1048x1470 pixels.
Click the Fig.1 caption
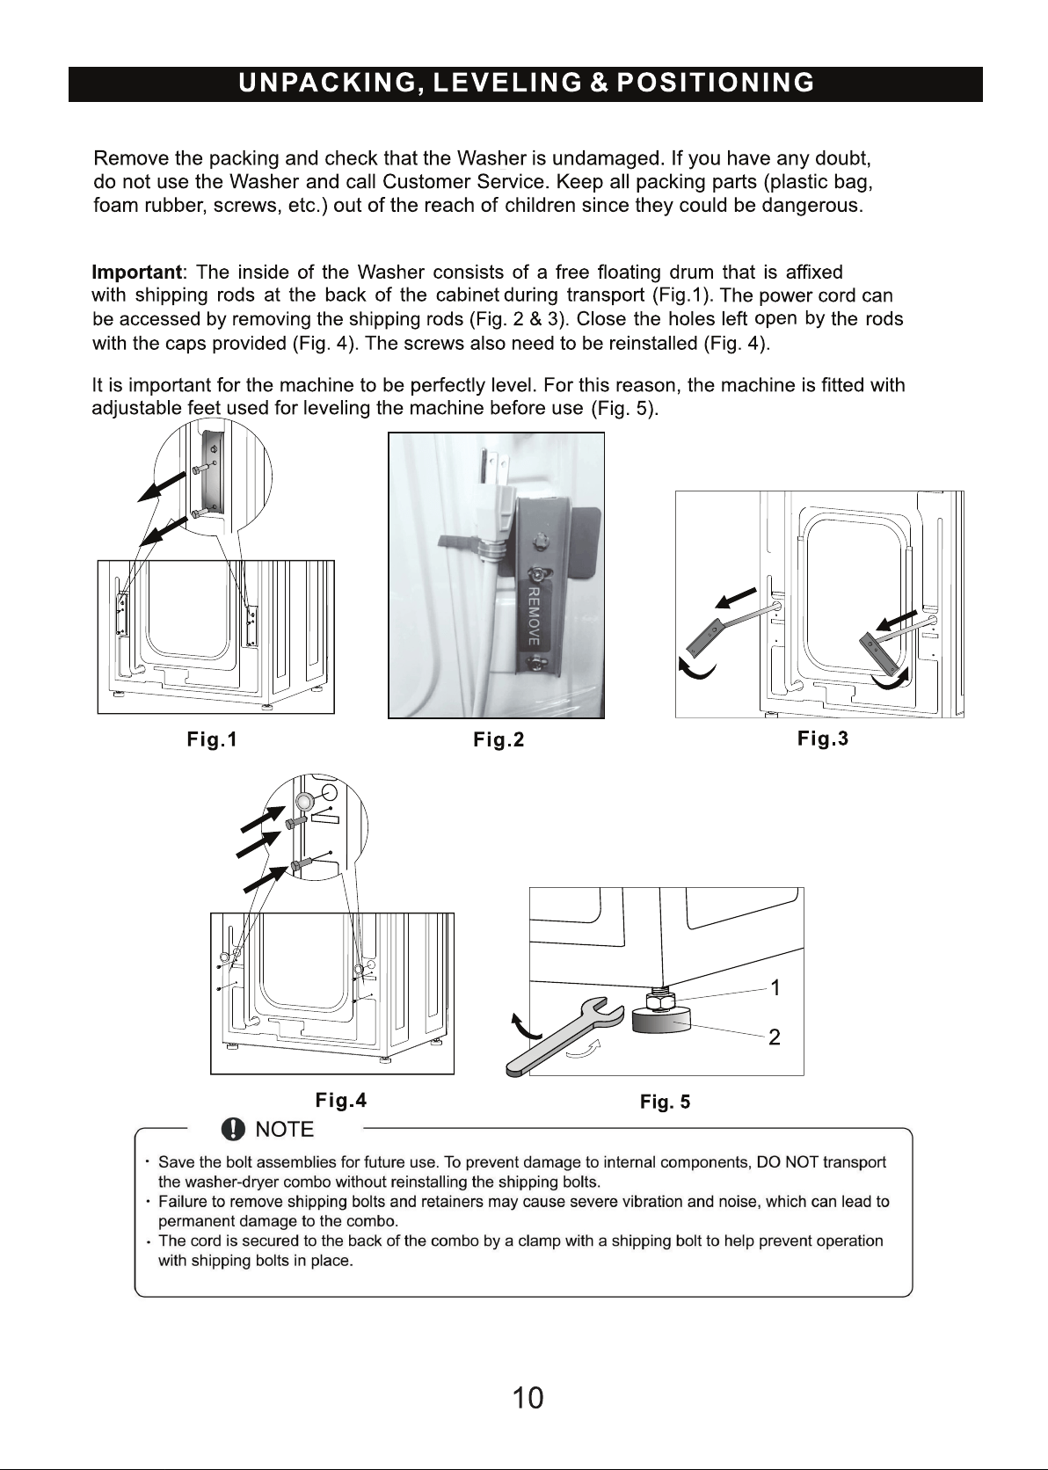point(211,739)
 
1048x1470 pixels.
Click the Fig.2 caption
point(499,740)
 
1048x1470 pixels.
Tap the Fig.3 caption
point(823,739)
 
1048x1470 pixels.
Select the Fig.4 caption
point(340,1100)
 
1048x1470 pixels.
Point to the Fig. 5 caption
point(665,1102)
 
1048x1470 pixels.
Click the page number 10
point(528,1399)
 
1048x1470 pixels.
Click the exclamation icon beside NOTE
point(233,1129)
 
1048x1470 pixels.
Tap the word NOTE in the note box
point(284,1130)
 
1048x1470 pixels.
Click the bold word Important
point(136,273)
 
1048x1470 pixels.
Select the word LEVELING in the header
point(507,84)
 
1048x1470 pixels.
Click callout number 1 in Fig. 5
point(775,987)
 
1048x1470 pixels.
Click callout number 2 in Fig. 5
point(775,1037)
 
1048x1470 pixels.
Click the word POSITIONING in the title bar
point(716,84)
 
